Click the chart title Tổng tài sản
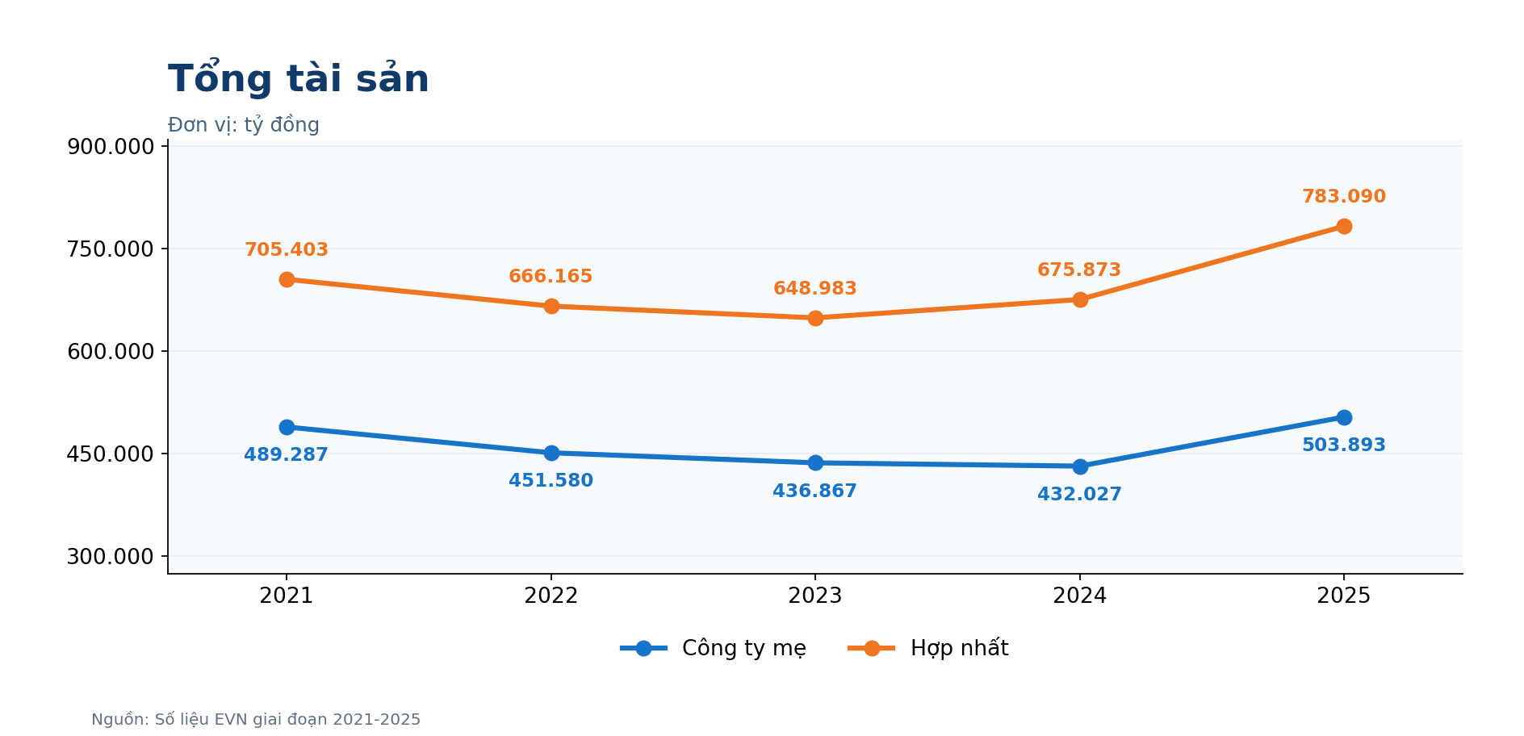[298, 78]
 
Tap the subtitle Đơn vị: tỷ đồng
[244, 125]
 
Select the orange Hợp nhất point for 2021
[287, 279]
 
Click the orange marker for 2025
[1344, 226]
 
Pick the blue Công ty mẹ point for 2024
[1080, 466]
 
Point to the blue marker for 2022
[551, 453]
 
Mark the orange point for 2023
[815, 318]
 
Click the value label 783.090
[1344, 197]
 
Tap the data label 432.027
[1080, 495]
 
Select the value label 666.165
[551, 277]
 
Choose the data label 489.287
[287, 455]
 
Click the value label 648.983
[815, 289]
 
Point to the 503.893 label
[1344, 445]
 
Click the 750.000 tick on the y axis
[111, 249]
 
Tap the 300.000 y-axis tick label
[111, 557]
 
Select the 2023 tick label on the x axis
[815, 596]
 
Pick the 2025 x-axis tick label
[1344, 596]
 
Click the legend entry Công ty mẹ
[714, 649]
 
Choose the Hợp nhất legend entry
[928, 649]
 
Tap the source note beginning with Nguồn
[256, 720]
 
